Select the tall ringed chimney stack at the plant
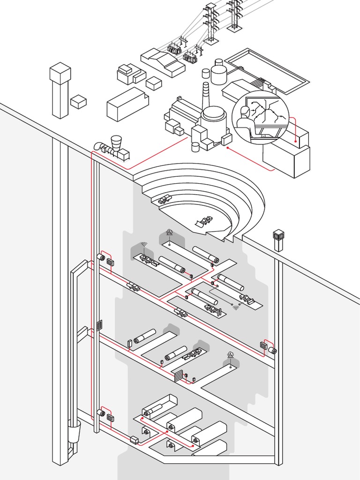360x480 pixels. coord(206,96)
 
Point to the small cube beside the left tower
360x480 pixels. coord(78,102)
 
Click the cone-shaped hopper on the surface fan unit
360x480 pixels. coord(116,142)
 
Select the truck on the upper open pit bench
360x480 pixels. coord(165,199)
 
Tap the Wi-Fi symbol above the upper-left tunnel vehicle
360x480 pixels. coord(144,244)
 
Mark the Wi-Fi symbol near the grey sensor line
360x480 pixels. coord(236,307)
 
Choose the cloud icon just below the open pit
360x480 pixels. coord(169,232)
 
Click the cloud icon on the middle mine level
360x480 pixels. coord(230,355)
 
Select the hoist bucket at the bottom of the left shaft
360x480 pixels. coord(74,430)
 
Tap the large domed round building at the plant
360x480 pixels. coord(214,117)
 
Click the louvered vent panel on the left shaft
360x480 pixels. coord(99,325)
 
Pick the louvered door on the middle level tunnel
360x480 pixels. coord(178,376)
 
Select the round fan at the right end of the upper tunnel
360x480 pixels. coord(272,350)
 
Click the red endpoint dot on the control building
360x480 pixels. coord(295,141)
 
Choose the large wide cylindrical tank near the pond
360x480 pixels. coord(218,74)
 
